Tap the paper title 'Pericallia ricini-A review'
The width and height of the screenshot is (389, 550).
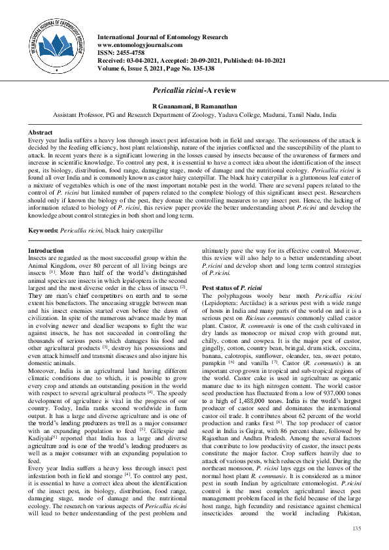click(194, 89)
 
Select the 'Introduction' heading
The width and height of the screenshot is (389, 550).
click(46, 251)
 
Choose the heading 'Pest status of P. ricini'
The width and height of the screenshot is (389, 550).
click(232, 288)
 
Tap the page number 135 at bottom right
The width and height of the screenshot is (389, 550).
click(356, 528)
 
